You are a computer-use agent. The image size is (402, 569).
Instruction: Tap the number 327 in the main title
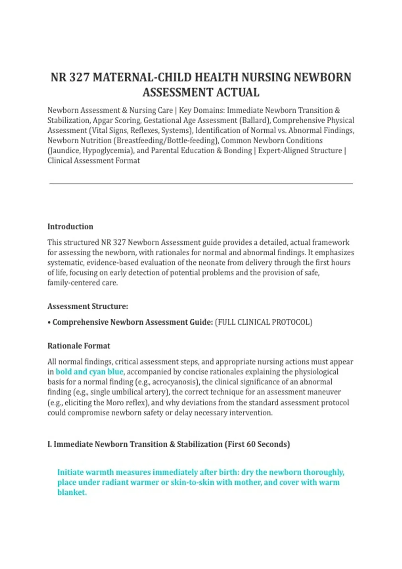(79, 77)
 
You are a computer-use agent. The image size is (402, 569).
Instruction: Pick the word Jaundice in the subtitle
(64, 151)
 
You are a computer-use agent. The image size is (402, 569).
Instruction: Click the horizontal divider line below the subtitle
(201, 183)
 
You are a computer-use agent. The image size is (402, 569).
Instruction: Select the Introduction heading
(70, 227)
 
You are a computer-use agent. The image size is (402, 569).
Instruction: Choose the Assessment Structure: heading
(87, 306)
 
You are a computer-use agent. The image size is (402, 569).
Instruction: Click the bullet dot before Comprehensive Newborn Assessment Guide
(49, 323)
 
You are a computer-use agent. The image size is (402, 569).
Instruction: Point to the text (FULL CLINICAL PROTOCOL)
(264, 322)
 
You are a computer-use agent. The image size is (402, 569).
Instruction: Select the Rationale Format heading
(79, 346)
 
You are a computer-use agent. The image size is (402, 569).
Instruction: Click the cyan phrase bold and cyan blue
(89, 372)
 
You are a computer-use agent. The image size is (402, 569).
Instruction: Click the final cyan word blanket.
(72, 492)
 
